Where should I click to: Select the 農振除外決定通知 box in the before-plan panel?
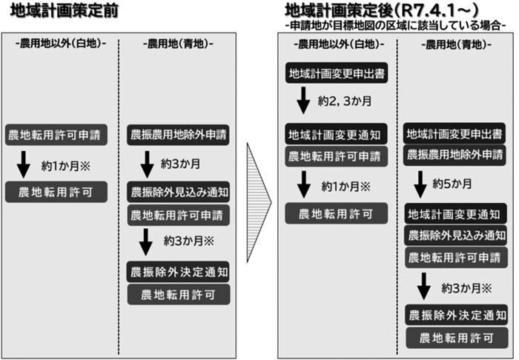point(178,271)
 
